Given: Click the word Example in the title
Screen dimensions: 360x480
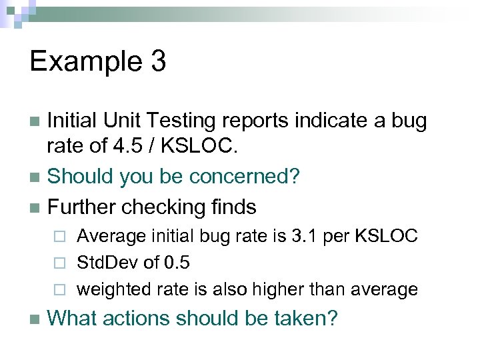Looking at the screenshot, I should click(85, 62).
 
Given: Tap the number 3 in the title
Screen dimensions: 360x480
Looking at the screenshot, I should click(158, 62).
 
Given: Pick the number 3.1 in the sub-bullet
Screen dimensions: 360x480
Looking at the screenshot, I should click(308, 235).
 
